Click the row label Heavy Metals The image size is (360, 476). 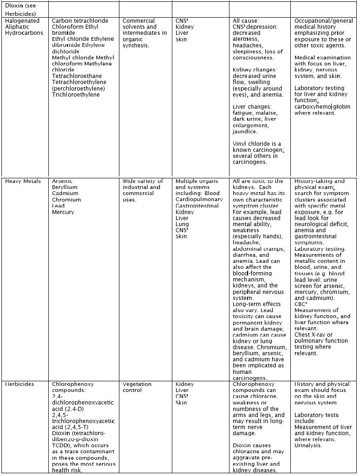coord(23,181)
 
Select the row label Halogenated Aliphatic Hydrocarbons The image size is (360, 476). coord(25,27)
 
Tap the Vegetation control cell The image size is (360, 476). coord(137,387)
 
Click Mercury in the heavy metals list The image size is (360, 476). coord(63,212)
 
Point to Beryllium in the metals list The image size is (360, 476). coord(65,187)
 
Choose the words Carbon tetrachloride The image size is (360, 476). coord(80,21)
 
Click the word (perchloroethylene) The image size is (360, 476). coord(78,88)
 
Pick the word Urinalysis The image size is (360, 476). coord(308,445)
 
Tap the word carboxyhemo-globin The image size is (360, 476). coord(322,107)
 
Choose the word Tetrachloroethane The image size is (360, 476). coord(77,76)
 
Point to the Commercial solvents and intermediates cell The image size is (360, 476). coord(144,33)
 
